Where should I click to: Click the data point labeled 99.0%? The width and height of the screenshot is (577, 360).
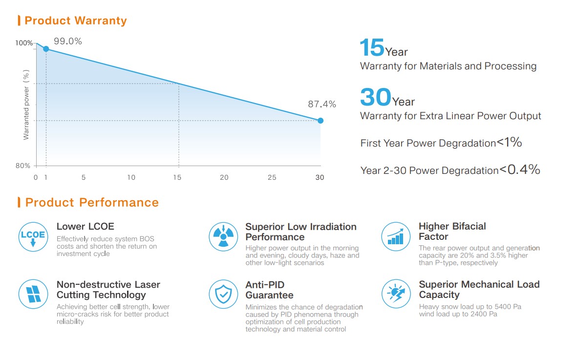tap(46, 49)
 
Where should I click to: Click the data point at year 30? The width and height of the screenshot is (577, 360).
tap(321, 120)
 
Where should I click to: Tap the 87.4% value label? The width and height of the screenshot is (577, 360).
tap(322, 104)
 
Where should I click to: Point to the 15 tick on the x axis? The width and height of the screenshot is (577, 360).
tap(177, 177)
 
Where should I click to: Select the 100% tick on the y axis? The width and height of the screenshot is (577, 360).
tap(23, 43)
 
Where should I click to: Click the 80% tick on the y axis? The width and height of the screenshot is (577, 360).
tap(23, 166)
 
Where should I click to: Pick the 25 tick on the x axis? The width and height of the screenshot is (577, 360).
tap(272, 177)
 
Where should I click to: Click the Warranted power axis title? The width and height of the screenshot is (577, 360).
tap(27, 105)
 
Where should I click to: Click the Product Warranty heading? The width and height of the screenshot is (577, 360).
tap(75, 21)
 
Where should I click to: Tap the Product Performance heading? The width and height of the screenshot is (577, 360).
tap(92, 202)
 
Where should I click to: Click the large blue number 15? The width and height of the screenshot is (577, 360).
tap(372, 48)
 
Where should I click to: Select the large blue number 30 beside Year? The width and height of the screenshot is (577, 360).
tap(375, 97)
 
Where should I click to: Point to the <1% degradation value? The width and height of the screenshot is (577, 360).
tap(509, 143)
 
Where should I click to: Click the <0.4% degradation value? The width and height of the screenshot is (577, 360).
tap(519, 170)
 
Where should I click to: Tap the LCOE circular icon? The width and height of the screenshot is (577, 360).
tap(33, 236)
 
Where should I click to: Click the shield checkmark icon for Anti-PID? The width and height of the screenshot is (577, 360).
tap(223, 294)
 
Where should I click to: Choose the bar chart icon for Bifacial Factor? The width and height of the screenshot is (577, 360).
tap(395, 236)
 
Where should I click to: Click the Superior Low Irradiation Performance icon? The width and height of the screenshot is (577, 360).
tap(223, 236)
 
